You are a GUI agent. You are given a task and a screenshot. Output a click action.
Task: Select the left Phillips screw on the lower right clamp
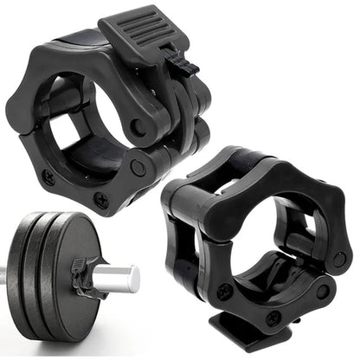click(x=224, y=292)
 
